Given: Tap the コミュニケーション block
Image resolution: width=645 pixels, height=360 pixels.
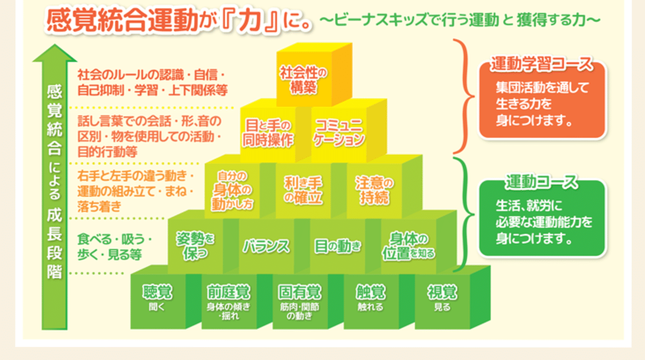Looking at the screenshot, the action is point(339,133).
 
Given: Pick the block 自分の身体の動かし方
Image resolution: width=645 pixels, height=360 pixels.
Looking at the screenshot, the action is point(233,190).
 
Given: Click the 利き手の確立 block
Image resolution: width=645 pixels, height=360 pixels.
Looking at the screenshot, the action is point(304,190).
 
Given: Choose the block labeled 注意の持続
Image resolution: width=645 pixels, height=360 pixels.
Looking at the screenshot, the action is point(374,190).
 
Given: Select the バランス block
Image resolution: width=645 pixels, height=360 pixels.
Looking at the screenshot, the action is point(266,247).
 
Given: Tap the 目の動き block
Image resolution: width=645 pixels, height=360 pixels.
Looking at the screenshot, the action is point(338,247).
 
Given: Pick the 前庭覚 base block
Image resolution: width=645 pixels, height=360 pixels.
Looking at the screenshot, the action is point(228,301).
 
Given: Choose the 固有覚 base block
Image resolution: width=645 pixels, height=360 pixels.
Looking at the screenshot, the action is point(299,301).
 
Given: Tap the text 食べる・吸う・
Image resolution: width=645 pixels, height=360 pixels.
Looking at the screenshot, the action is point(115,237).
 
